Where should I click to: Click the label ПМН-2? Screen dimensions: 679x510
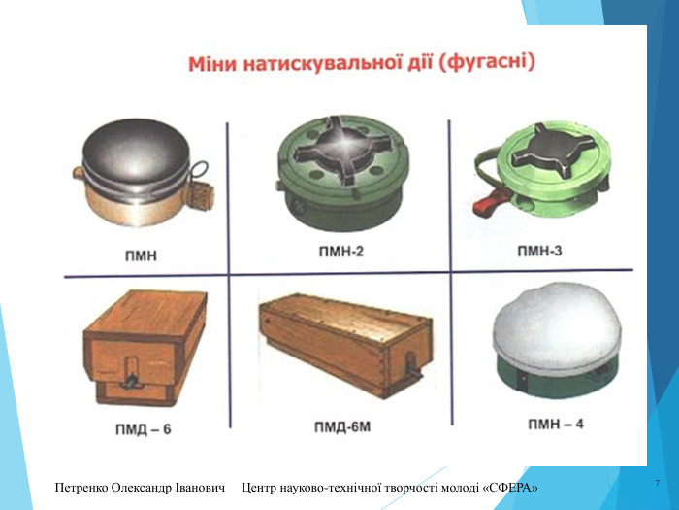tap(340, 251)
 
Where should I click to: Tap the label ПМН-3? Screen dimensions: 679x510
tap(539, 251)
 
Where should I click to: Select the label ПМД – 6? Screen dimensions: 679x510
tap(144, 429)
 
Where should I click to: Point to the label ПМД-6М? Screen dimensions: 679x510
tap(342, 426)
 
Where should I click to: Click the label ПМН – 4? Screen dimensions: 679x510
tap(556, 424)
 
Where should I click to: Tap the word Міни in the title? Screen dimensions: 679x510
tap(212, 65)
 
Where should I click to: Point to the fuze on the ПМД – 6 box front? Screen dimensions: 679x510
tap(131, 373)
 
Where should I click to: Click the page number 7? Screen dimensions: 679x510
tap(657, 483)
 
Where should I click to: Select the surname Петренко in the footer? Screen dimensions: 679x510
tap(81, 488)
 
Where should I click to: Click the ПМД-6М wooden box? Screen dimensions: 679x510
tap(345, 345)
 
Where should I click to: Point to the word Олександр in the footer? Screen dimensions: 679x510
tap(142, 488)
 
